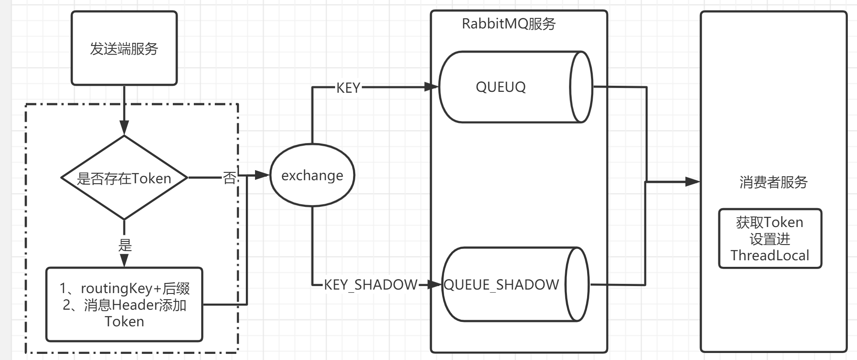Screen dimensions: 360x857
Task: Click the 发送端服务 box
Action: click(x=124, y=48)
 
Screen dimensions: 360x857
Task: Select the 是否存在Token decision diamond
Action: click(x=124, y=178)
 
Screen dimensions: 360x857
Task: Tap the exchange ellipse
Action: click(x=312, y=175)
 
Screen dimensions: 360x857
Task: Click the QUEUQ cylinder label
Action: click(x=500, y=87)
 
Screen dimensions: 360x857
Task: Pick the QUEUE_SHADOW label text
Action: click(x=501, y=285)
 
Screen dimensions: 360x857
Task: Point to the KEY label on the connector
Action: click(x=348, y=88)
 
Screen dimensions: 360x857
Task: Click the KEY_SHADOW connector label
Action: click(x=371, y=285)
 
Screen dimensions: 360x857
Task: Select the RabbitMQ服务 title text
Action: click(x=508, y=24)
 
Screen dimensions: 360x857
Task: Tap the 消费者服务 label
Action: click(x=773, y=182)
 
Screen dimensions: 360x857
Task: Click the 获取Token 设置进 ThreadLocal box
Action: click(x=770, y=238)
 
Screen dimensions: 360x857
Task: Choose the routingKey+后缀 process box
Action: click(x=124, y=304)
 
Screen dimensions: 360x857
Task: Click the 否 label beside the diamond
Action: click(x=229, y=178)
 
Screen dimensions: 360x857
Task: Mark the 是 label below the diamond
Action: click(x=125, y=245)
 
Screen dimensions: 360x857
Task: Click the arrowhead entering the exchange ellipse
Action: click(x=262, y=175)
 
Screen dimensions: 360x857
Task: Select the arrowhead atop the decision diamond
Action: click(x=124, y=129)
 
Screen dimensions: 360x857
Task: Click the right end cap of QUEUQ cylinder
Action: click(x=581, y=87)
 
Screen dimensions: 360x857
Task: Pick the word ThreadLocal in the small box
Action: click(x=770, y=255)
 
